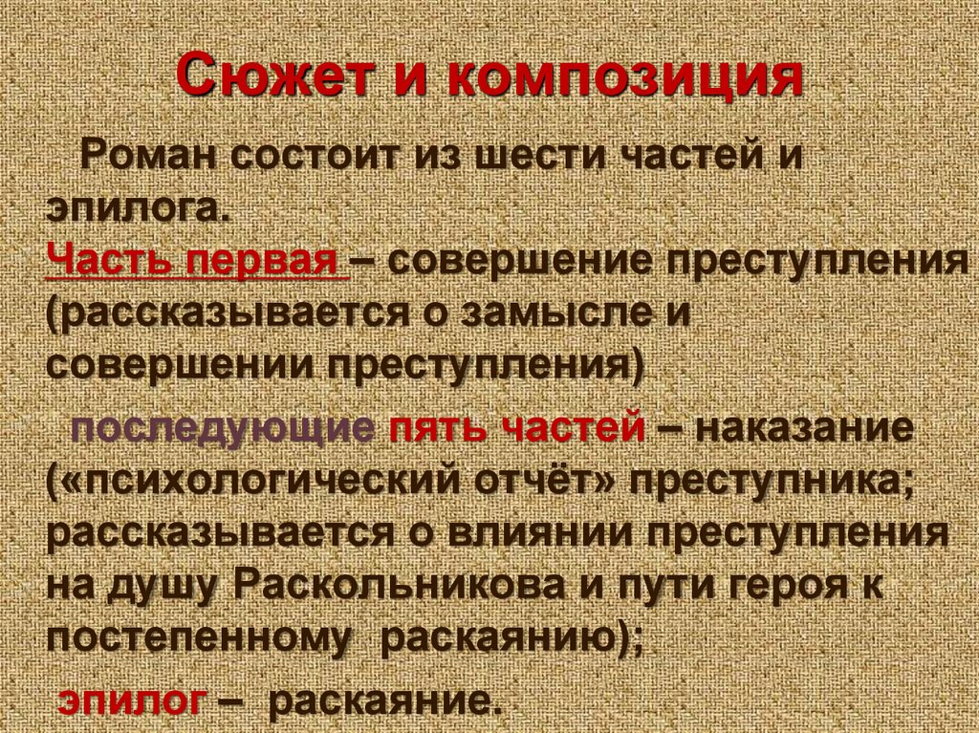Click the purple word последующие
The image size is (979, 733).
[223, 427]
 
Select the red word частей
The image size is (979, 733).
[574, 427]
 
